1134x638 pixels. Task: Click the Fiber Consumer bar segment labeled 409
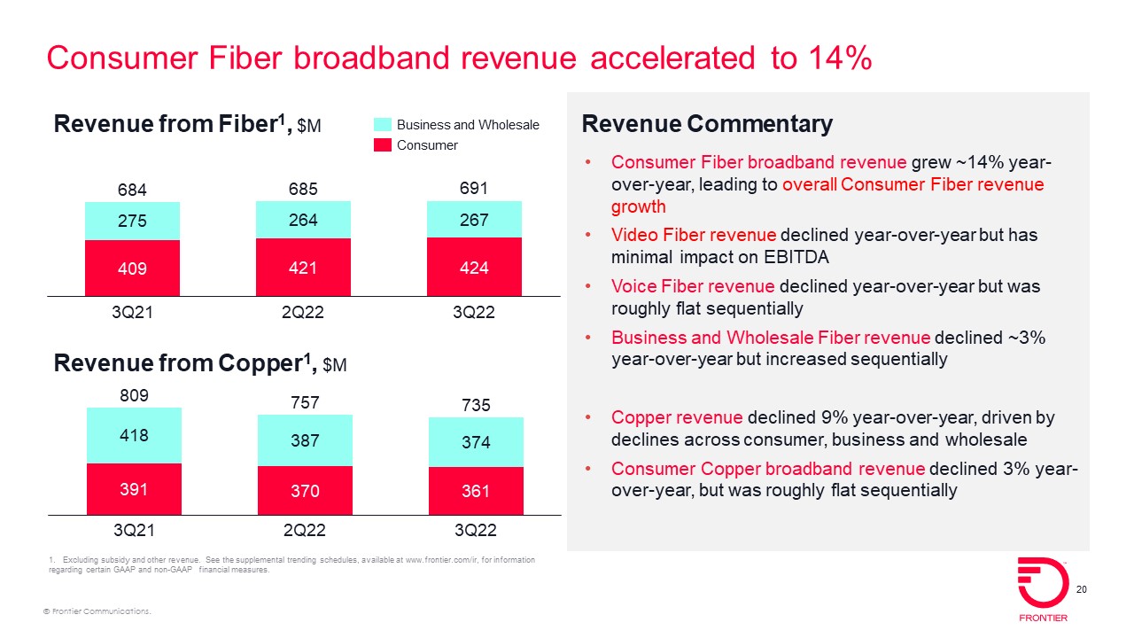133,268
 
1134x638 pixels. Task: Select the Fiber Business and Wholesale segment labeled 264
303,220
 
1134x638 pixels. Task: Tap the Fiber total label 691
474,189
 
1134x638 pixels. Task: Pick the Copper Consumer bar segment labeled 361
476,490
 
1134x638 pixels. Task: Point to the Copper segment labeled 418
134,435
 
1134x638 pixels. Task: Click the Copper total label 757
304,403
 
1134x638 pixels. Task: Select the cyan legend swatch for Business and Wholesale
382,125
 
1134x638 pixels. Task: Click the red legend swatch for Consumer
382,144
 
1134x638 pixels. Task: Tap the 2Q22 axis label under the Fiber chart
304,313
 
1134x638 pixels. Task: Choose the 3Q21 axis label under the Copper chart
134,531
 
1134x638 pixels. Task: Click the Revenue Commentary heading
707,125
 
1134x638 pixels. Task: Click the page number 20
1081,591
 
